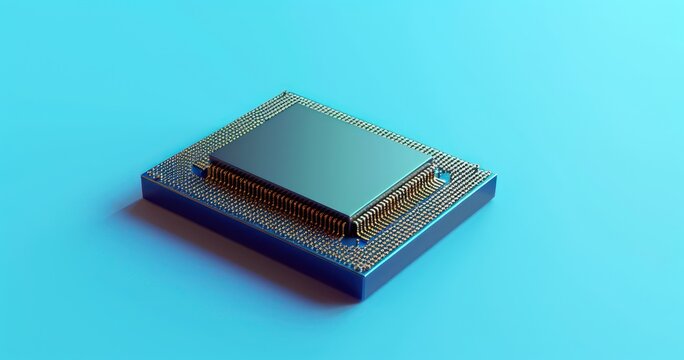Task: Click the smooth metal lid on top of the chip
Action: (x=320, y=160)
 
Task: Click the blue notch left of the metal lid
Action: (x=200, y=169)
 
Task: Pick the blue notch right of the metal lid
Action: (x=442, y=176)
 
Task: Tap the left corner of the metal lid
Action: (x=210, y=159)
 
